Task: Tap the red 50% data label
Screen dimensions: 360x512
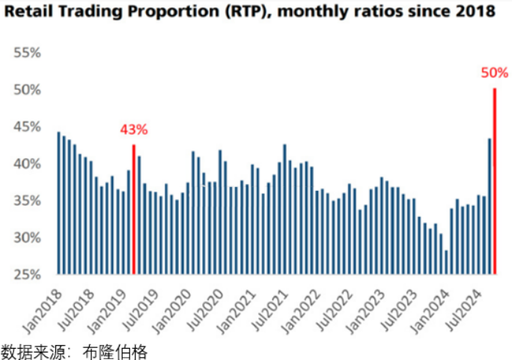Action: (x=495, y=73)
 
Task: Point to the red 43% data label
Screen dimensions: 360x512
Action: (x=134, y=129)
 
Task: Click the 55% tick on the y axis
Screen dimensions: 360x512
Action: (x=26, y=53)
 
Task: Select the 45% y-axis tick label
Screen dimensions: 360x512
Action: (x=26, y=126)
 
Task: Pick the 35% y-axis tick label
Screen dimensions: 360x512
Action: (x=26, y=201)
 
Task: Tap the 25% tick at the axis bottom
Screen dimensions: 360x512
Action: (x=26, y=274)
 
